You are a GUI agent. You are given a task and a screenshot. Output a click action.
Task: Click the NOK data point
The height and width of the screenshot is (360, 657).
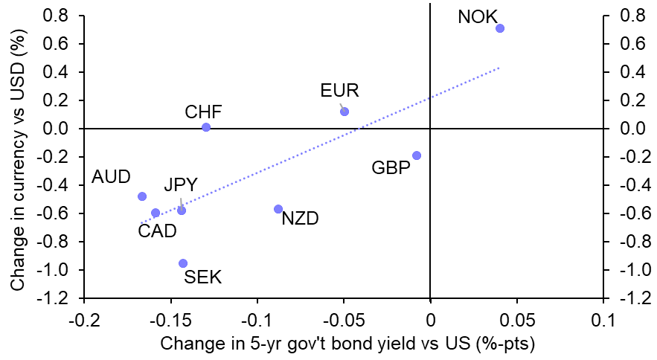click(x=500, y=28)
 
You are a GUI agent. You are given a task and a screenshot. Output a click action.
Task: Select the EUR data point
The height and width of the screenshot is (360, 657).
click(x=344, y=112)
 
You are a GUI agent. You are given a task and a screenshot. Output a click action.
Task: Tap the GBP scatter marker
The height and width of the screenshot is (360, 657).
click(x=417, y=155)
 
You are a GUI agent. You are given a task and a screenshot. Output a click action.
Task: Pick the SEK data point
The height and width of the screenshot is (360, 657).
click(x=183, y=263)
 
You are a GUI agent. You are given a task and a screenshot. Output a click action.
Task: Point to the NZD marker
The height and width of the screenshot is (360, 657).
click(x=278, y=209)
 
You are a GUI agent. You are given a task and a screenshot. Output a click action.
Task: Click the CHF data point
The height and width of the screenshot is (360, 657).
click(x=206, y=127)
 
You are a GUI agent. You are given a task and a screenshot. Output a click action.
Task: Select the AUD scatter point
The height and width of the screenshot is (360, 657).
click(x=142, y=196)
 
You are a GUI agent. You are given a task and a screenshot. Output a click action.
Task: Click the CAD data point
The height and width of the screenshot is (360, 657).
click(x=156, y=213)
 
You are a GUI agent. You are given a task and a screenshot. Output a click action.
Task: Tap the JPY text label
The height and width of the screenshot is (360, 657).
click(x=180, y=185)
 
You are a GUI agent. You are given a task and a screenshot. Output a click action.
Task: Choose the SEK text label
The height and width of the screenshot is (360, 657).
click(x=202, y=277)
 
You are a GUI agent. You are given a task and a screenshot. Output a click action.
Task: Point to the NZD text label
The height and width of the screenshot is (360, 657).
click(x=300, y=219)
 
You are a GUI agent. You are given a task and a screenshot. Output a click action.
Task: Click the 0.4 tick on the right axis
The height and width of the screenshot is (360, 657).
click(x=632, y=72)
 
